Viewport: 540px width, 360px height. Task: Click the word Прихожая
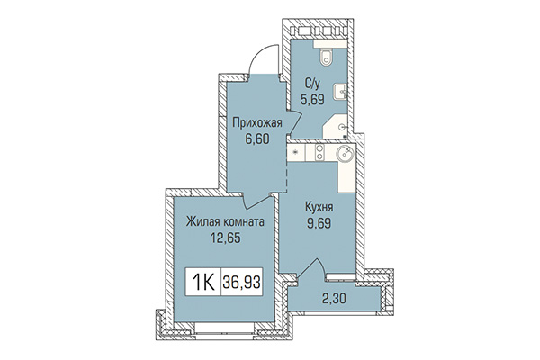point(256,123)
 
